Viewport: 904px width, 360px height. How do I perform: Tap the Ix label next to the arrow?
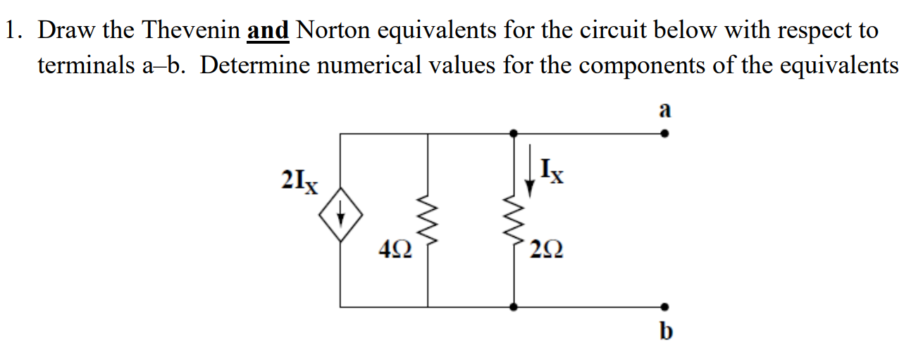551,171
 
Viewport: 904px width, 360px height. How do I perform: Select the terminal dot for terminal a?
664,132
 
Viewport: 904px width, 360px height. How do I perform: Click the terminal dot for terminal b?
664,307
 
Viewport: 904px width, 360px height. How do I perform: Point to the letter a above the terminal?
664,110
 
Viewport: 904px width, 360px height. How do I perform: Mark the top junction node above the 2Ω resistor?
514,132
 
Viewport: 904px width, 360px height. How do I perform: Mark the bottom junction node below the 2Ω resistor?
514,307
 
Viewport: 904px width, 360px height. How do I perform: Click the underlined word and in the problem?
268,30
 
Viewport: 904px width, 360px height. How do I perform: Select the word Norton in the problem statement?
329,30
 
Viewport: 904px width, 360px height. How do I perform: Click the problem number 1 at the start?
11,30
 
